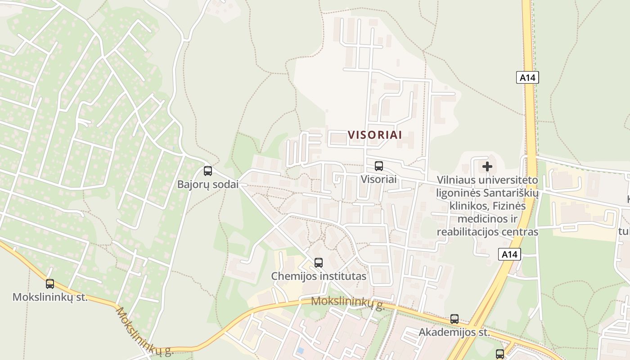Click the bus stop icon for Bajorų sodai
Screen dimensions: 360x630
(x=207, y=171)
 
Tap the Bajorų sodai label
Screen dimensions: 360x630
(x=207, y=184)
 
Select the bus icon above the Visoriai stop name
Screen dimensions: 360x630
(x=379, y=166)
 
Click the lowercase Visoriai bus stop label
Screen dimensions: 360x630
(x=379, y=179)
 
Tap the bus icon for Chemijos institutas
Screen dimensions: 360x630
(x=319, y=262)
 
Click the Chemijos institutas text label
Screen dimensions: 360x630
(x=319, y=276)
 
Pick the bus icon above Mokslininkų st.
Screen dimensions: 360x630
(x=50, y=284)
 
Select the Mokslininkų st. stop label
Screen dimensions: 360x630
(x=50, y=297)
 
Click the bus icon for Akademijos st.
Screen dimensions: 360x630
(x=454, y=319)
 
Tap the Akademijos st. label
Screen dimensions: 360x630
(x=454, y=333)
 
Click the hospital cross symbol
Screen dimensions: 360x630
(x=487, y=166)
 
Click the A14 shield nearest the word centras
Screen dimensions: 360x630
(x=509, y=255)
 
